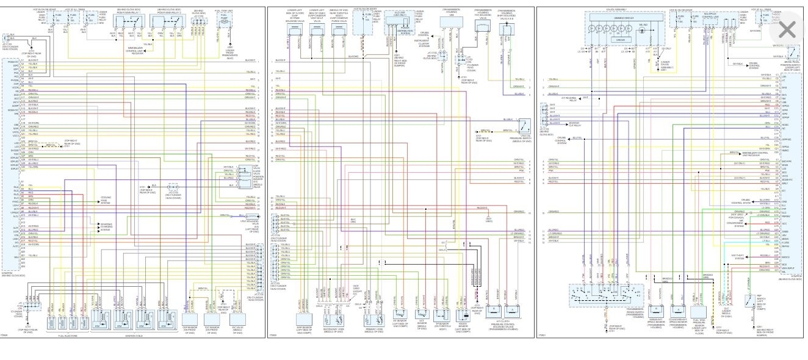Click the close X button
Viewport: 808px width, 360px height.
787,29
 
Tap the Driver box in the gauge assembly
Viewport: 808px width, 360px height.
620,40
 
